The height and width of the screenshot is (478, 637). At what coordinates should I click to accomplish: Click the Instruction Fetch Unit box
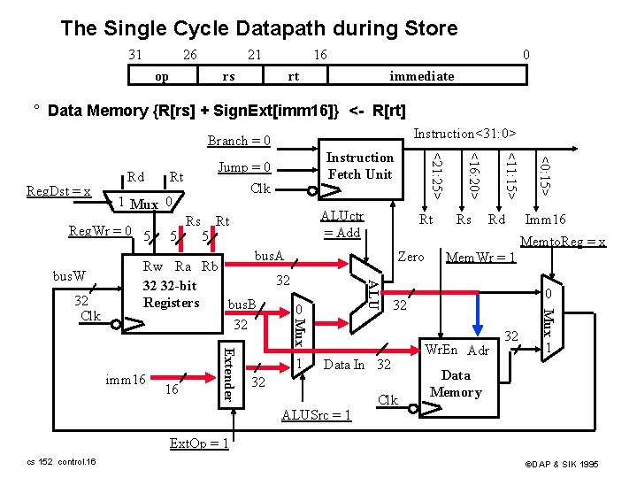coord(359,166)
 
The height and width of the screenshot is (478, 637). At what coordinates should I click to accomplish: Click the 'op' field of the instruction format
coord(162,76)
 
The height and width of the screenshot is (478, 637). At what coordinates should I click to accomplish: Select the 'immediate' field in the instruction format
coord(422,76)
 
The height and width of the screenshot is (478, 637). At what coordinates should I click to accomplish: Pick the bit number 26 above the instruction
coord(189,55)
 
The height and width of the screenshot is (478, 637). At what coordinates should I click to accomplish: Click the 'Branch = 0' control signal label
coord(239,141)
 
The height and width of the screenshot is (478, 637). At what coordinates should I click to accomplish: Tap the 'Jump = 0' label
coord(243,167)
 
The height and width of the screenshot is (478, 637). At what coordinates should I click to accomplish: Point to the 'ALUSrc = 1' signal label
coord(316,414)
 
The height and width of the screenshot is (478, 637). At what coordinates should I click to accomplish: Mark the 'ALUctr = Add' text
coord(341,223)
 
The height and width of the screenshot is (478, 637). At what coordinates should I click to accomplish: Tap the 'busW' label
coord(67,276)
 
